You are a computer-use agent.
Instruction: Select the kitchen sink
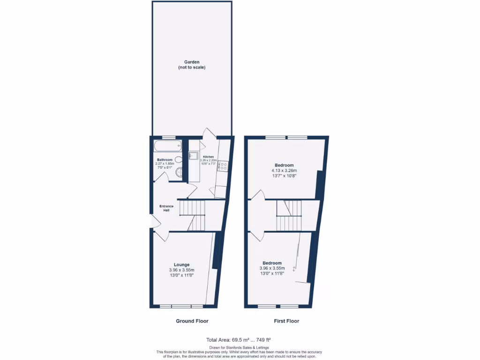(194, 156)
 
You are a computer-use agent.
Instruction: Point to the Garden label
(192, 62)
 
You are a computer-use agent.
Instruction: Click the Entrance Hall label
(166, 208)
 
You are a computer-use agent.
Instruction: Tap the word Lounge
(181, 264)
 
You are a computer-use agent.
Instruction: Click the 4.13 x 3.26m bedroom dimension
(284, 171)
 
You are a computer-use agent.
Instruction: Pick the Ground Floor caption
(192, 321)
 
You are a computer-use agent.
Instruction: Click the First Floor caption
(286, 321)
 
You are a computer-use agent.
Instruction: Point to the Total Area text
(239, 339)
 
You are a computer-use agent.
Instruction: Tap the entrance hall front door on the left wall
(151, 221)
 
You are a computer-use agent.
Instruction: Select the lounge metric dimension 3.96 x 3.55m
(181, 270)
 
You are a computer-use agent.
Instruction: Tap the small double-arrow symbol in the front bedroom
(294, 269)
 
